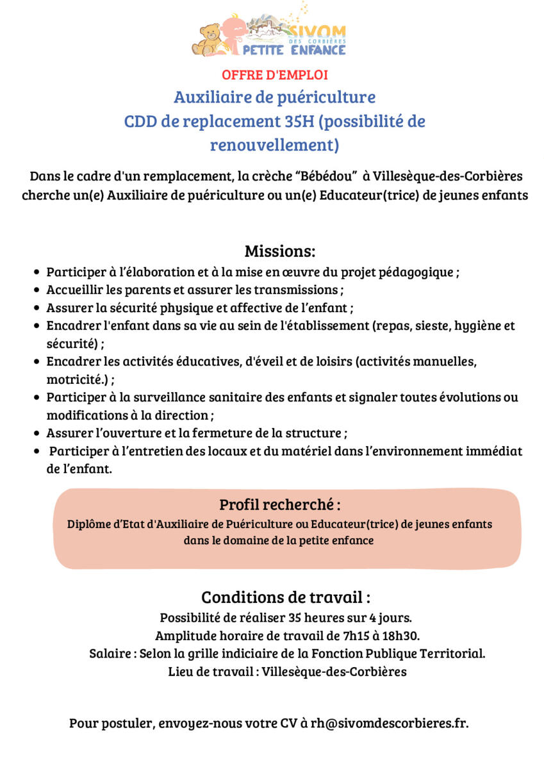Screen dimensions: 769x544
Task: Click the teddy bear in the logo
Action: pos(207,39)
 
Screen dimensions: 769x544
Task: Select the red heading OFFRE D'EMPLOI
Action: pos(275,75)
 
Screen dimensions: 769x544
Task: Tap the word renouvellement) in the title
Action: pos(274,145)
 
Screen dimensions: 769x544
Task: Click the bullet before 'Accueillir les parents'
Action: pos(38,290)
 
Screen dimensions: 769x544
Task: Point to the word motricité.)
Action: pos(76,379)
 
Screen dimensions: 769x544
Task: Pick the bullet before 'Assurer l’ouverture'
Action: pos(38,433)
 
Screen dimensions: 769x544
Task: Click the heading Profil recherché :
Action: pos(280,504)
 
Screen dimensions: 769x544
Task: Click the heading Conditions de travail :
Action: pos(286,597)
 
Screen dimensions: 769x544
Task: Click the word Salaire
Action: pos(110,654)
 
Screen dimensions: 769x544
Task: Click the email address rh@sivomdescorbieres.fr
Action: pos(390,724)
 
